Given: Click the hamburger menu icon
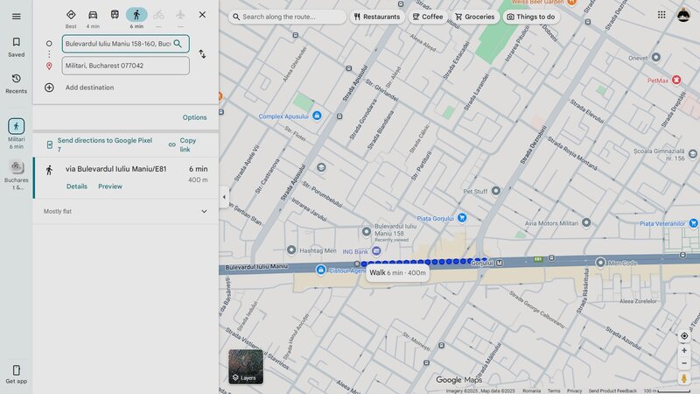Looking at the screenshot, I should point(16,16).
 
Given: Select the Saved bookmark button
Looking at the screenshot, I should point(16,46).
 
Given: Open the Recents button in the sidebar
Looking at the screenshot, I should point(16,82).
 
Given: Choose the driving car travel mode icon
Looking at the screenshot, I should point(93,15).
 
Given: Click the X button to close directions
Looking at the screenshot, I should point(202,15).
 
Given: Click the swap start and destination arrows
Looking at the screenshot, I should point(202,54).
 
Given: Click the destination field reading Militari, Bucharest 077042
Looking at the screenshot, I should point(125,66).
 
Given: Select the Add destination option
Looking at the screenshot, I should point(89,88).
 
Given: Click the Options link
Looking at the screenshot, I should point(194,117).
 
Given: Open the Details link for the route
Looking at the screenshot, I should point(77,186).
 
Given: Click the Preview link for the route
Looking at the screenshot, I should point(110,186).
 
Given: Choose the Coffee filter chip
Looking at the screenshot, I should point(428,17).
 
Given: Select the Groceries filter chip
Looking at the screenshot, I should point(474,17).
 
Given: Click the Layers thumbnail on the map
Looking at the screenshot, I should point(245,366).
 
